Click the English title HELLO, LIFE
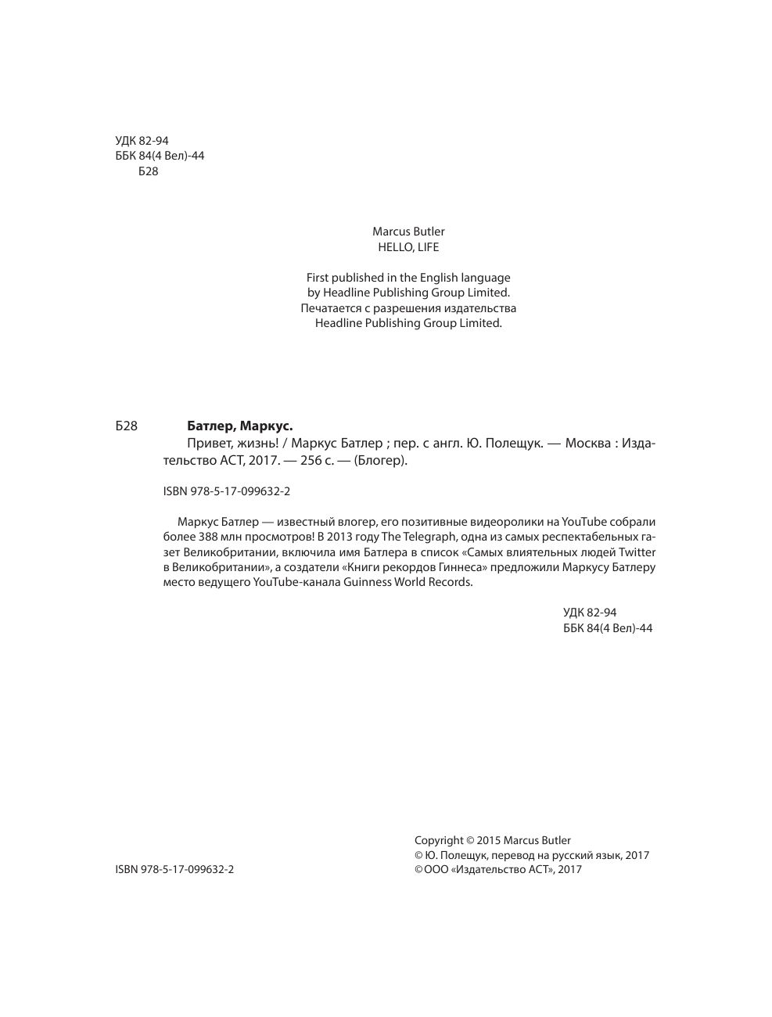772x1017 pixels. point(408,247)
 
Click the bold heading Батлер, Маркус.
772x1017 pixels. point(239,426)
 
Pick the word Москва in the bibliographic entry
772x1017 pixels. point(587,444)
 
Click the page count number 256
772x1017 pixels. point(311,461)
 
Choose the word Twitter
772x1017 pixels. point(637,552)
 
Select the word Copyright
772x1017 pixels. point(438,841)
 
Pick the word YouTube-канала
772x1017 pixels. point(296,582)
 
